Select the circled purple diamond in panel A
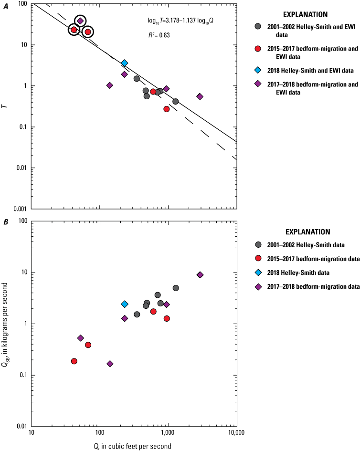point(80,21)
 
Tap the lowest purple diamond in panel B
point(110,364)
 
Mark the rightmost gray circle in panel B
point(176,288)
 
